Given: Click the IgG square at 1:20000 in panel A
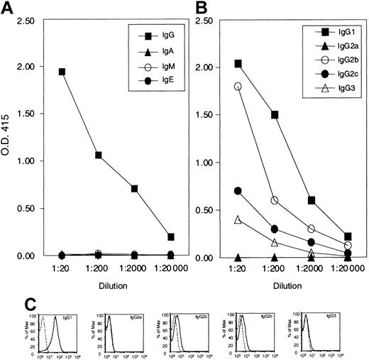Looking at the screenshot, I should tap(170, 237).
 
